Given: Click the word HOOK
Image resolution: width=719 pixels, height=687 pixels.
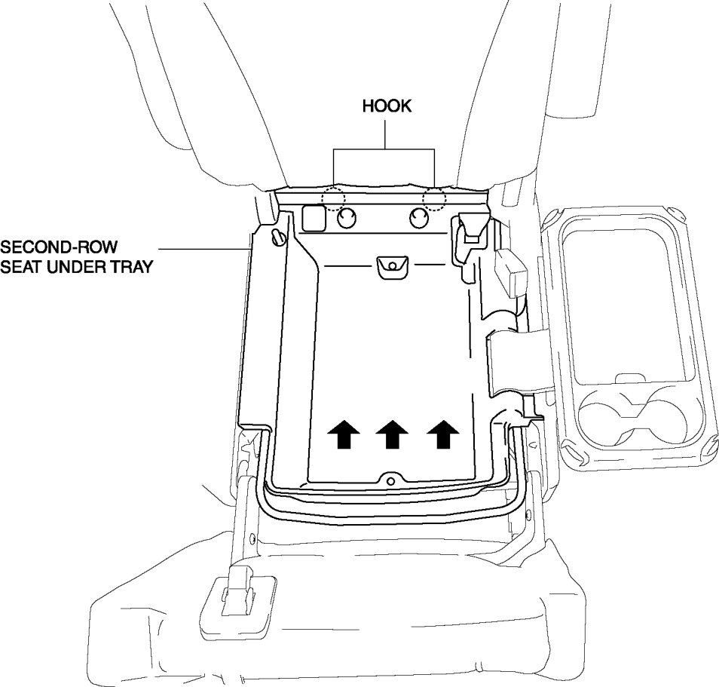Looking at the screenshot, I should click(387, 106).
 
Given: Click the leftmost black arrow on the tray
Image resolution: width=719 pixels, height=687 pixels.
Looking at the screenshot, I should click(343, 434).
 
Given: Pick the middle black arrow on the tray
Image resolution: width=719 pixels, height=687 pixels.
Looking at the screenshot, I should click(393, 434).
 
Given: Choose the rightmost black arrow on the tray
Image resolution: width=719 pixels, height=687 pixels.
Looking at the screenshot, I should click(442, 434).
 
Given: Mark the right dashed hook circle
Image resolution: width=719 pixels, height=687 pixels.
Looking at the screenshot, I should click(434, 198).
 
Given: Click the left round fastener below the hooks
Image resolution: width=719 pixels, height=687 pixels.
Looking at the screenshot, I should click(347, 219).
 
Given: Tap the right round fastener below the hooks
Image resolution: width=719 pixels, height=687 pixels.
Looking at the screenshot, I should click(419, 219).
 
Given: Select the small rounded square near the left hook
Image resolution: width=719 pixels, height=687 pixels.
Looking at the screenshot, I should click(313, 219).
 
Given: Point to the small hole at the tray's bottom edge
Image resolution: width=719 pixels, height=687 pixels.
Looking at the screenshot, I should click(390, 479).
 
